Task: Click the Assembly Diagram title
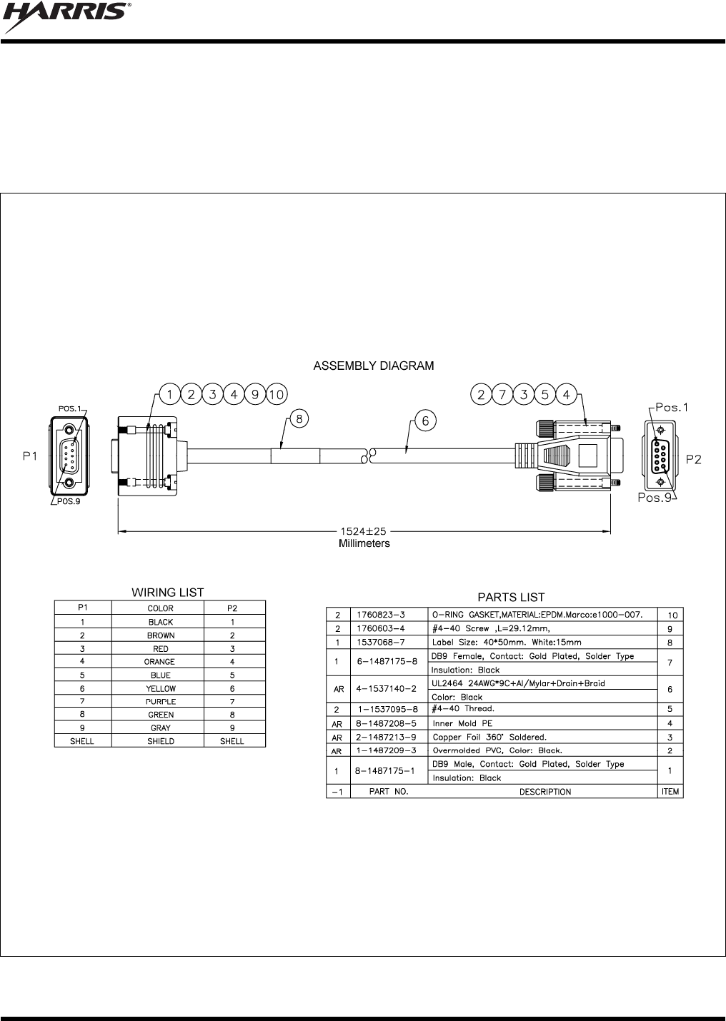point(373,366)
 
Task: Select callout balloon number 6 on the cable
point(425,421)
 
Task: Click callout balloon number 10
point(277,394)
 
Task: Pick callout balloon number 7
point(502,394)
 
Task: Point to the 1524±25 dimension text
point(363,532)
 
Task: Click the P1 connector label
point(29,457)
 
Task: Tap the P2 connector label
point(693,459)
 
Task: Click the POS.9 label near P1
point(69,501)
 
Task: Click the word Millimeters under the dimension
point(364,543)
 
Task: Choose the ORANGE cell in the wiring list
point(160,662)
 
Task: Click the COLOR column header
point(160,608)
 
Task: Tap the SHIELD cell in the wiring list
point(160,741)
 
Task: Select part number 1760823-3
point(380,615)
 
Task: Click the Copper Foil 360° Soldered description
point(489,737)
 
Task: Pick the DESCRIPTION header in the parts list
point(544,792)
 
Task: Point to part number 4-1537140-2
point(386,690)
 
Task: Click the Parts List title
point(510,598)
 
